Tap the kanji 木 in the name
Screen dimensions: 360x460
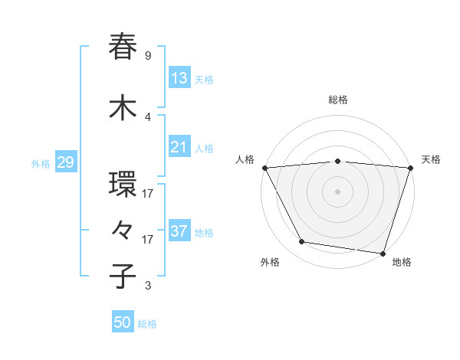123,107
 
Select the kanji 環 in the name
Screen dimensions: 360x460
123,185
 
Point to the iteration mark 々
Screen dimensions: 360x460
123,230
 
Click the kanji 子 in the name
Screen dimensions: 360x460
123,276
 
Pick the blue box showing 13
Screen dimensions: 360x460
179,77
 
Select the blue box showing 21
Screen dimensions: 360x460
179,146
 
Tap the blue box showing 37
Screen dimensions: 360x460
179,231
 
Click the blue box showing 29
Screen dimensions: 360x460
64,162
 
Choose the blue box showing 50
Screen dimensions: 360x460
123,322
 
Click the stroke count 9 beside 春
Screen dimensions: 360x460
148,56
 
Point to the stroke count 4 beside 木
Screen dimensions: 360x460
148,117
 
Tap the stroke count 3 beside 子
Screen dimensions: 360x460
148,286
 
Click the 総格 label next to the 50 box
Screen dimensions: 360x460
147,324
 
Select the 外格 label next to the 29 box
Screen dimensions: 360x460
41,163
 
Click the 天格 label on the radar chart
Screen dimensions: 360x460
431,159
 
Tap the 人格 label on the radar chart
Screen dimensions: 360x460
245,159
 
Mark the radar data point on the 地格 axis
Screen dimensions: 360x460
383,252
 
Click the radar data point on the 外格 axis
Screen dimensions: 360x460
302,242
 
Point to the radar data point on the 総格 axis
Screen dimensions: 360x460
337,161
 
